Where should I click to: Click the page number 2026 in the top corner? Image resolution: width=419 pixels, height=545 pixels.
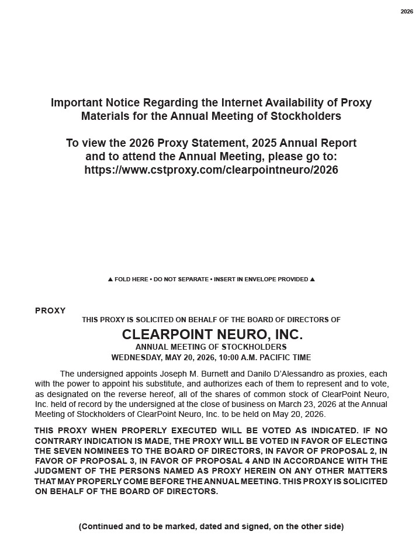[407, 12]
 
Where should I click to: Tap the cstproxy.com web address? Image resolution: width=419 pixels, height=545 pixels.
[211, 170]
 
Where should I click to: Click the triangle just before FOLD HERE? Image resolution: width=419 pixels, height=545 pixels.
[110, 280]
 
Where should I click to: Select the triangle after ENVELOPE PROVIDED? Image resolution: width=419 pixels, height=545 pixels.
[312, 280]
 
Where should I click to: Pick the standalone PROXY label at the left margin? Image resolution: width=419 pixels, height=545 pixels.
[50, 311]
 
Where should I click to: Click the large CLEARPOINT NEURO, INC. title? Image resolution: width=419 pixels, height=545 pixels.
[212, 334]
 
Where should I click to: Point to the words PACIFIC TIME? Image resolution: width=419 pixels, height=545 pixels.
[287, 357]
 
